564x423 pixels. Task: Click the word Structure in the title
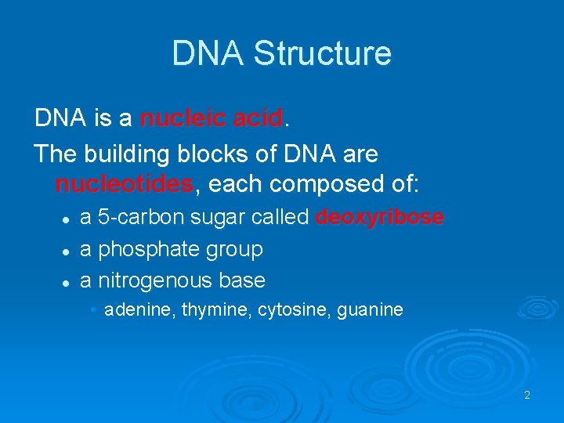(x=323, y=54)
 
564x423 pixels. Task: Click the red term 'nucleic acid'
(x=211, y=119)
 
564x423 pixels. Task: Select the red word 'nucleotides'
(x=124, y=185)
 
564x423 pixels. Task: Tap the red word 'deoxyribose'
(x=379, y=217)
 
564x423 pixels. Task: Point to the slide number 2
(x=527, y=396)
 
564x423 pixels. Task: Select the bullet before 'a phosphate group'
(x=67, y=251)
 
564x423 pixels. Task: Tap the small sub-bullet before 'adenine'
(x=93, y=310)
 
